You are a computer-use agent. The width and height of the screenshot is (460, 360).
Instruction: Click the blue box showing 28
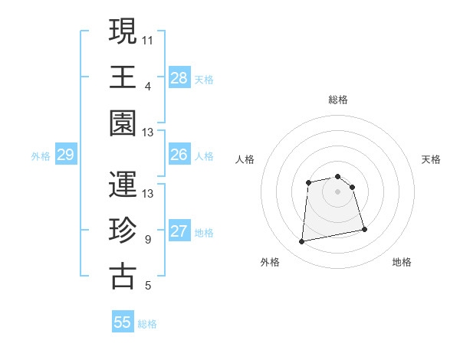tap(179, 78)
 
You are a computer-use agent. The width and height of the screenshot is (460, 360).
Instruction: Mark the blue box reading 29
tap(65, 155)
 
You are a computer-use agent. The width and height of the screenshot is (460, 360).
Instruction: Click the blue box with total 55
tap(123, 322)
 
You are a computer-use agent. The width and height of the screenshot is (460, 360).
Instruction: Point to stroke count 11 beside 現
tap(149, 40)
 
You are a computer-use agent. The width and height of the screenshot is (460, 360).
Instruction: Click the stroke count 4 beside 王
tap(148, 87)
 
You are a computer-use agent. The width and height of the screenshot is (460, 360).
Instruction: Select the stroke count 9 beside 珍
tap(148, 240)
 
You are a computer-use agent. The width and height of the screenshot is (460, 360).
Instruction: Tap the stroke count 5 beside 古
tap(148, 286)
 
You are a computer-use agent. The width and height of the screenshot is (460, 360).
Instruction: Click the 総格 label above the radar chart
tap(338, 100)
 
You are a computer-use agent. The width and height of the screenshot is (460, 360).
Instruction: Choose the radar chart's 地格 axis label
tap(402, 262)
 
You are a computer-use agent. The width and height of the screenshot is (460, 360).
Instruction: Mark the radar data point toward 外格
tap(302, 242)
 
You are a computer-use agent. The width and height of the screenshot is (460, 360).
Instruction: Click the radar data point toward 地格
tap(364, 229)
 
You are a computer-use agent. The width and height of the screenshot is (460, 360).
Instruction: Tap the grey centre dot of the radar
tap(337, 191)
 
